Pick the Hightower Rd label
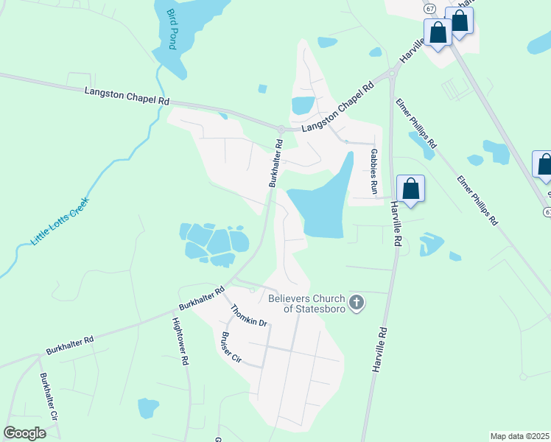(180, 342)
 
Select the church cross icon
(357, 302)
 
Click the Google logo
(24, 432)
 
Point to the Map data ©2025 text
(520, 436)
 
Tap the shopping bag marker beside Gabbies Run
(410, 189)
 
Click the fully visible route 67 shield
(429, 8)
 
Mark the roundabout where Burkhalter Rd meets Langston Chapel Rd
(281, 130)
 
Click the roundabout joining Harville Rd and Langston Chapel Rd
(392, 72)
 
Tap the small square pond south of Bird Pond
(262, 89)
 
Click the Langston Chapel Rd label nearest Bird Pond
(127, 96)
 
